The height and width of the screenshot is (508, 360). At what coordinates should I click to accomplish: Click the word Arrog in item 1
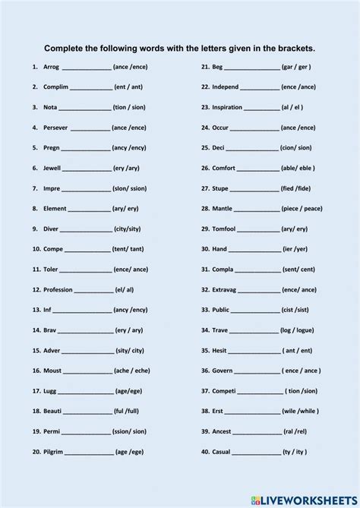tap(51, 67)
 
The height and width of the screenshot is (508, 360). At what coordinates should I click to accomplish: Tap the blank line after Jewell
tap(87, 169)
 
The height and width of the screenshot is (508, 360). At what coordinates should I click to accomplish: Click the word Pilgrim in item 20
tap(54, 452)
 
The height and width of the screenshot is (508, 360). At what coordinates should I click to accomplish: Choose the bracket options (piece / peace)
tap(302, 208)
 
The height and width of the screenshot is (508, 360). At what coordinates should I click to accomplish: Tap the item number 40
tap(205, 452)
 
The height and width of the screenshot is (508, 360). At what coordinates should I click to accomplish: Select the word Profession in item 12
tap(58, 289)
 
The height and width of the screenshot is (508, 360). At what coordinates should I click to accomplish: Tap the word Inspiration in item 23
tap(227, 107)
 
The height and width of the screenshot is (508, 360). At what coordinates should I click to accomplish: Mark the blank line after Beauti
tap(88, 412)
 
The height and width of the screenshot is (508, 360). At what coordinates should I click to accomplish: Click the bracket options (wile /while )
tap(302, 411)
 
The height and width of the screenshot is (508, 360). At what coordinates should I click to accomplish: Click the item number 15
tap(36, 351)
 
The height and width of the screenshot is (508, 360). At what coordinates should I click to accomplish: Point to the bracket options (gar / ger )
tap(296, 67)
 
